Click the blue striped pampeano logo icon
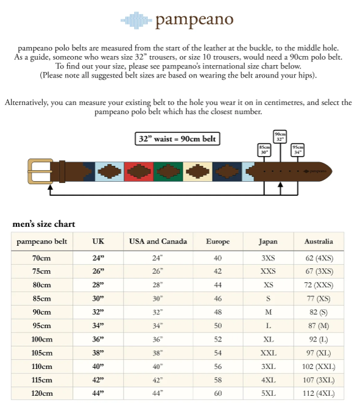pyautogui.click(x=136, y=20)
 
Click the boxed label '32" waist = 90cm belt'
pyautogui.click(x=177, y=138)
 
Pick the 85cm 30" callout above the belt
pyautogui.click(x=264, y=149)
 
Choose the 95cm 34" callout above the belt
pyautogui.click(x=298, y=149)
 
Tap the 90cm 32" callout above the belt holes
pyautogui.click(x=280, y=136)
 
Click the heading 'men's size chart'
pyautogui.click(x=44, y=224)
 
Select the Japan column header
pyautogui.click(x=268, y=242)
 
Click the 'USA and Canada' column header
pyautogui.click(x=158, y=242)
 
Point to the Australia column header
pyautogui.click(x=319, y=242)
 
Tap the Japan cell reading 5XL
pyautogui.click(x=268, y=393)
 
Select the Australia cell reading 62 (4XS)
pyautogui.click(x=319, y=258)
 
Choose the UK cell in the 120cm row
pyautogui.click(x=98, y=393)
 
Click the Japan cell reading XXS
pyautogui.click(x=268, y=271)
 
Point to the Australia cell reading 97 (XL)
pyautogui.click(x=319, y=353)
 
